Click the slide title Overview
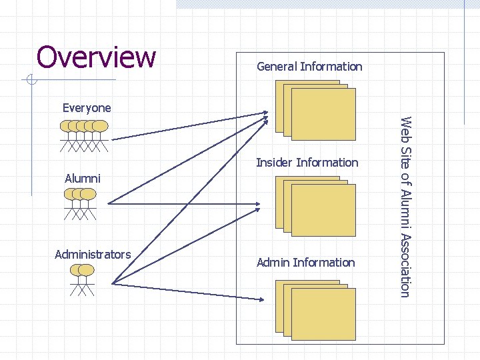coord(96,57)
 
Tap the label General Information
coord(309,67)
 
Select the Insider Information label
coord(307,163)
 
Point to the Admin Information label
coord(305,263)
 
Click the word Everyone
coord(87,107)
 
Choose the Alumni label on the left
coord(83,178)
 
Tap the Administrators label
coord(93,254)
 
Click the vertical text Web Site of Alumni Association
coord(405,206)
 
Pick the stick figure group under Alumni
coord(80,203)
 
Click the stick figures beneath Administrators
coord(82,279)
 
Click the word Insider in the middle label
coord(275,163)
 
